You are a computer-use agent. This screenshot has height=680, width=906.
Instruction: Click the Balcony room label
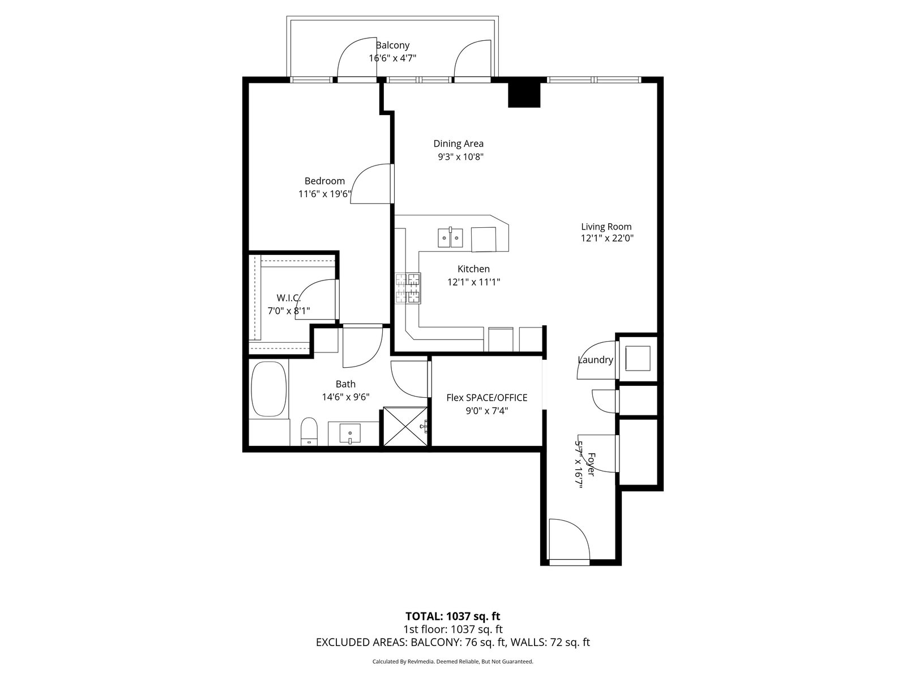click(x=392, y=45)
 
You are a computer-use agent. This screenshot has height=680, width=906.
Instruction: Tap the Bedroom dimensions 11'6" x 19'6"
click(x=325, y=194)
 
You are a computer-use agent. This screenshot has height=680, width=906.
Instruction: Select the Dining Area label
click(x=458, y=144)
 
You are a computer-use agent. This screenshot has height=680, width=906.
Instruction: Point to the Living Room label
click(x=606, y=227)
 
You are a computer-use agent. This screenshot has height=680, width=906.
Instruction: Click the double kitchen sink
click(x=450, y=237)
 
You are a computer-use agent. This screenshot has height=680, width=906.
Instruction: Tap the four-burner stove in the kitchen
click(x=408, y=288)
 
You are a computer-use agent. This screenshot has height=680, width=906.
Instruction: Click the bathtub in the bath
click(x=269, y=389)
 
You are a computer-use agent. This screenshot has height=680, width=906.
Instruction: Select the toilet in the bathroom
click(x=309, y=431)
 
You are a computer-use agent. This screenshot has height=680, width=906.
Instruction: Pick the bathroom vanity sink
click(x=350, y=433)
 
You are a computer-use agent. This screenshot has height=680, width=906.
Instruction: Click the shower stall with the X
click(x=405, y=427)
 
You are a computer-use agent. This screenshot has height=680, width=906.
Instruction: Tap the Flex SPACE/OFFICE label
click(x=486, y=398)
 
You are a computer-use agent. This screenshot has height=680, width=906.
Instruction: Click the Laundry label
click(x=595, y=360)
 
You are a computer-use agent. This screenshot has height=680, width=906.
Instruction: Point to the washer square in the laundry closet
click(x=638, y=358)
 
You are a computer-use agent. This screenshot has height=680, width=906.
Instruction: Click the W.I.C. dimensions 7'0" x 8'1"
click(x=289, y=311)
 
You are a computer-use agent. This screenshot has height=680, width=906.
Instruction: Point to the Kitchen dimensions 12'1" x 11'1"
click(x=474, y=282)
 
